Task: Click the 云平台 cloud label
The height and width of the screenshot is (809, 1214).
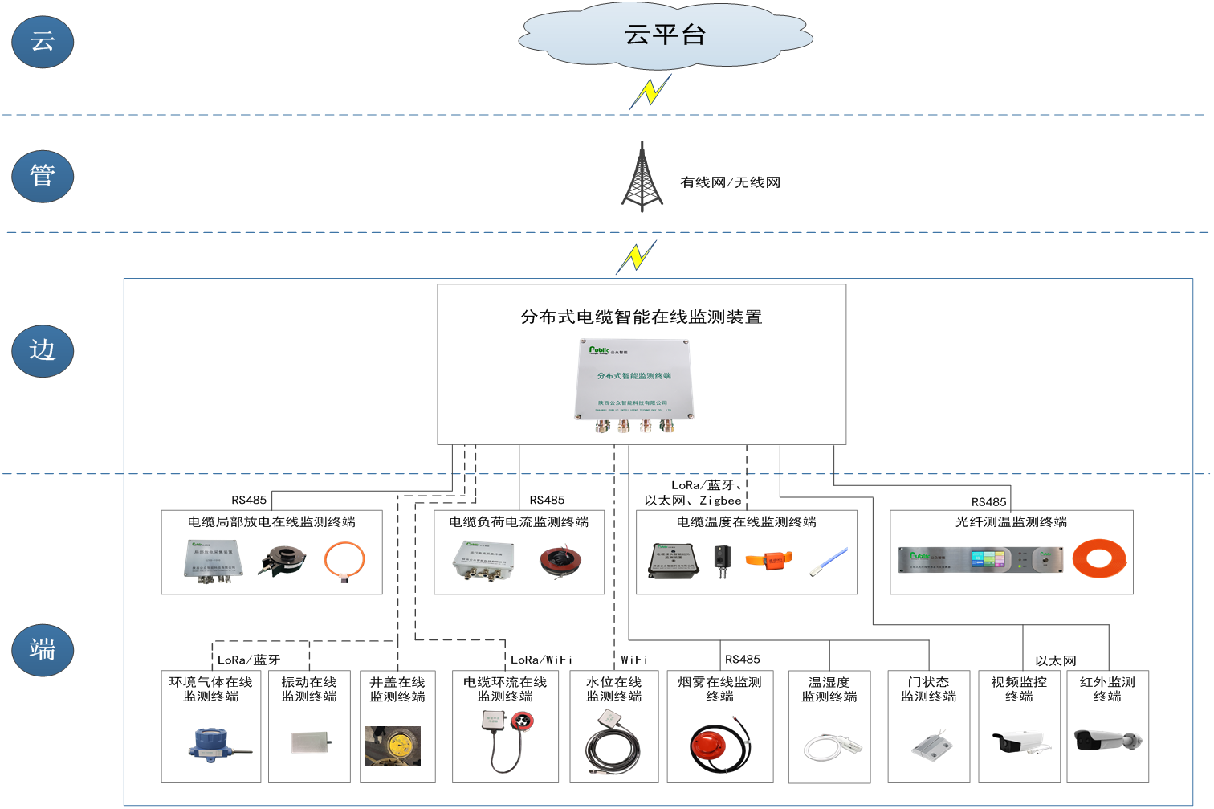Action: (x=665, y=35)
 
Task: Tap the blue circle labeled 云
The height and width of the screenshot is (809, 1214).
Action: (x=43, y=41)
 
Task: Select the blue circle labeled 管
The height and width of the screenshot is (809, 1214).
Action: (x=43, y=175)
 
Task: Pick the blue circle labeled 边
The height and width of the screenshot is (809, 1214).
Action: (x=43, y=350)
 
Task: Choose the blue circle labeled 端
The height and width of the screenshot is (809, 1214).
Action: (x=43, y=649)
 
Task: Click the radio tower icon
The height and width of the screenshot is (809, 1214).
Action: (x=642, y=178)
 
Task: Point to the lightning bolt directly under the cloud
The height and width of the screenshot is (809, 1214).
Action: (x=650, y=92)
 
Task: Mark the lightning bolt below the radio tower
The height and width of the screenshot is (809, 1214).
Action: (x=637, y=257)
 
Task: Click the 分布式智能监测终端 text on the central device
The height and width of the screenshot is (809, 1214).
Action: (x=633, y=376)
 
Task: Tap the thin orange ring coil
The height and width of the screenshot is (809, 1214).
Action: (x=344, y=560)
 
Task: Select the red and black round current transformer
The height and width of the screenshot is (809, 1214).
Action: (x=560, y=560)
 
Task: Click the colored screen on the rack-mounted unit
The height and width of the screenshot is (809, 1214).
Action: (x=988, y=559)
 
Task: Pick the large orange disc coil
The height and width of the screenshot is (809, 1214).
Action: (x=1099, y=558)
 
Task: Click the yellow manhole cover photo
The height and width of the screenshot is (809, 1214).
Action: (x=393, y=746)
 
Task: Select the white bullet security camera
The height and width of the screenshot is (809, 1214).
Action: (x=1018, y=741)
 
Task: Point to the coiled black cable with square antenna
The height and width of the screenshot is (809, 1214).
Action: (x=612, y=743)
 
